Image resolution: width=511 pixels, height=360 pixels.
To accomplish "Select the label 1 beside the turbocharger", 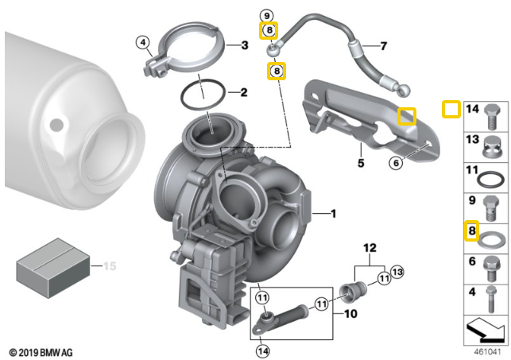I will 334,213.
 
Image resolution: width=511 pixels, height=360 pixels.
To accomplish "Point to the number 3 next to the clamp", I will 245,46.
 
